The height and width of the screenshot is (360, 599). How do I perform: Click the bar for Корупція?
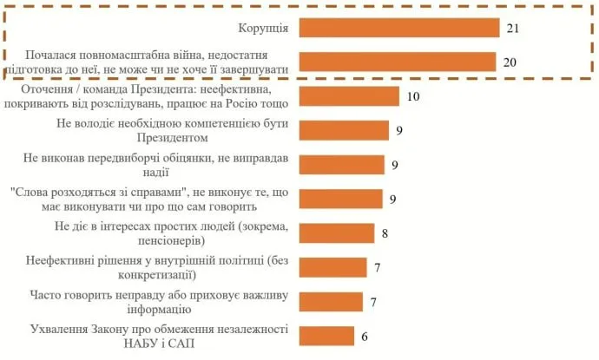click(400, 28)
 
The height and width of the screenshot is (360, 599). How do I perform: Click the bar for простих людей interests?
click(337, 232)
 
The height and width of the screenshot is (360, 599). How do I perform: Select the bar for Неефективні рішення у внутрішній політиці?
click(332, 267)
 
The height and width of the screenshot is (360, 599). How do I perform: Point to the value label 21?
click(513, 28)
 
